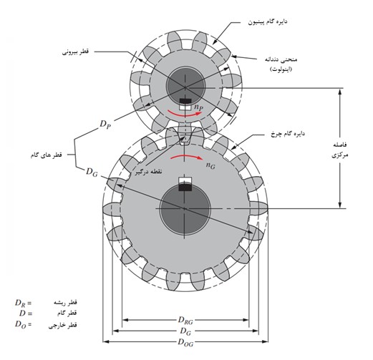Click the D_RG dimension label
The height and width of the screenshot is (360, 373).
185,321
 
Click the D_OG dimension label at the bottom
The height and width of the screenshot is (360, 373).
185,342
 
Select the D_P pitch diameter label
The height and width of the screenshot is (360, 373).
105,125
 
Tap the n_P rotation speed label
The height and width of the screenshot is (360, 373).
199,107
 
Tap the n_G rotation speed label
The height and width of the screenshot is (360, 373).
210,165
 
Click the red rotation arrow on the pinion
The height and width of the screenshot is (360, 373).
185,114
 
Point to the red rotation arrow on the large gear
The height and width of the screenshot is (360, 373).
187,157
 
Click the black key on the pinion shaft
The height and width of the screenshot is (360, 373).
185,101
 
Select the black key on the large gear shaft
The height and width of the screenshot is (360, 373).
185,188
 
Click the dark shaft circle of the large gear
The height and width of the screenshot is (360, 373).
185,210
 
